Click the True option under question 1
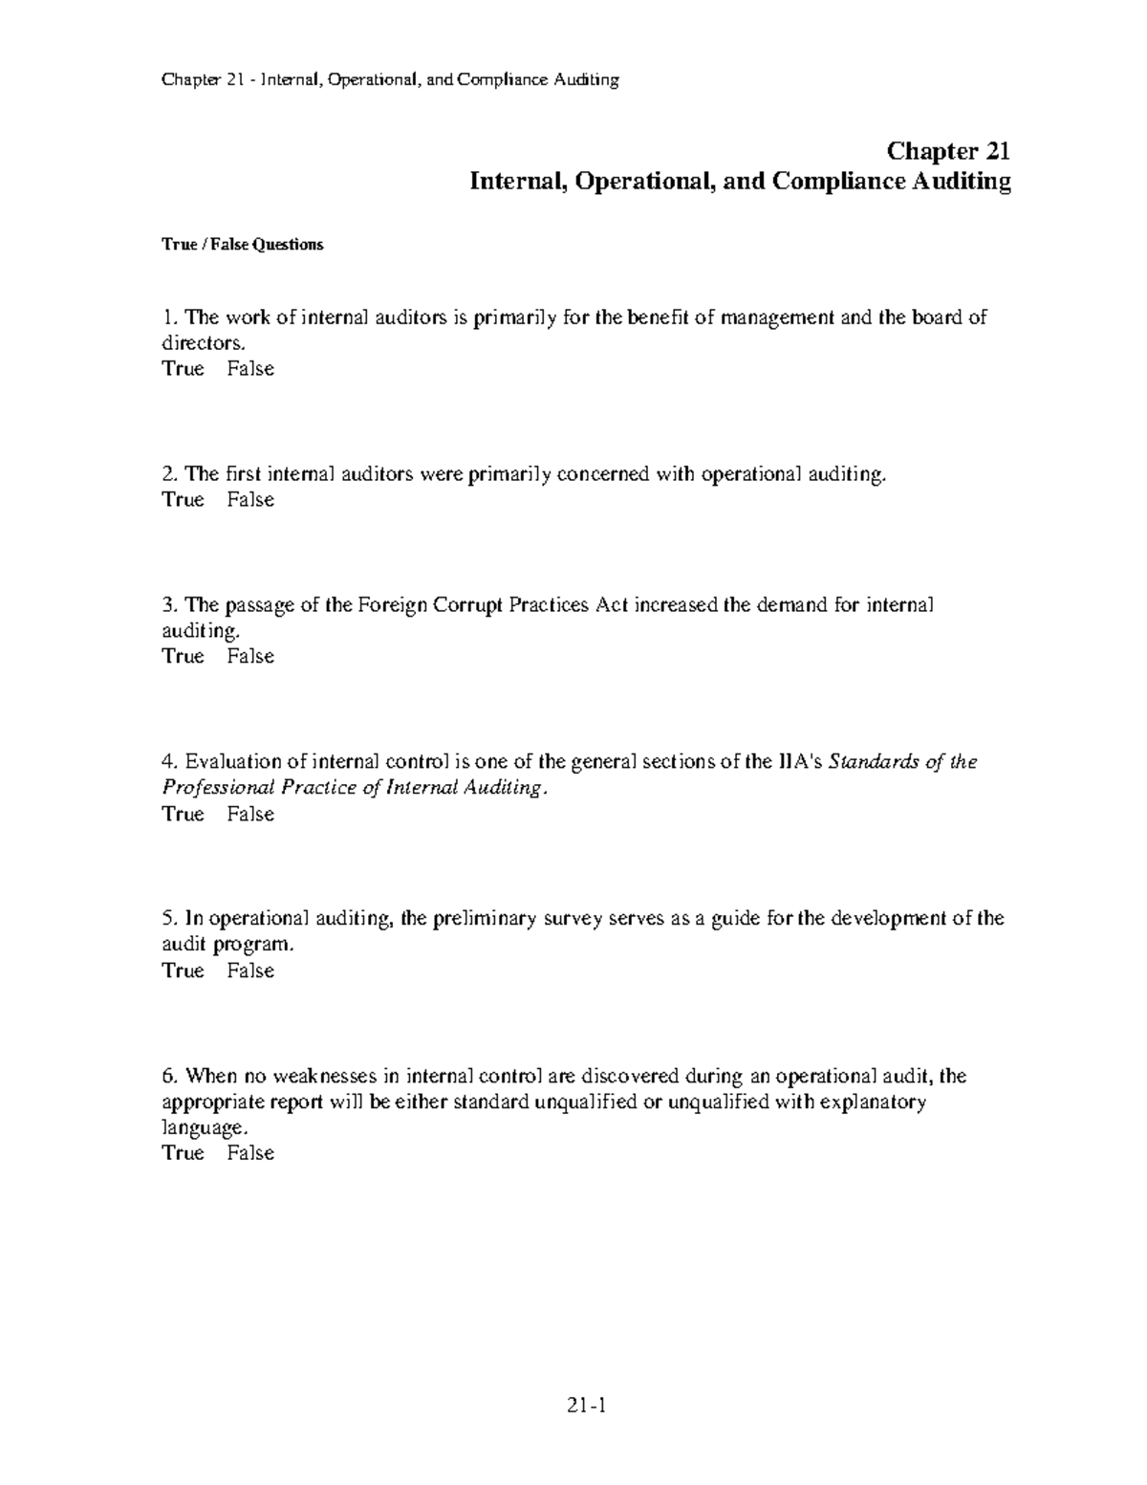pyautogui.click(x=184, y=369)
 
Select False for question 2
pyautogui.click(x=250, y=500)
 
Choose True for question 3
pyautogui.click(x=184, y=657)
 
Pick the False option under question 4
pyautogui.click(x=250, y=815)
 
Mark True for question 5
pyautogui.click(x=184, y=972)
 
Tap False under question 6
pyautogui.click(x=250, y=1154)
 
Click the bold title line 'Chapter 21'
pyautogui.click(x=948, y=151)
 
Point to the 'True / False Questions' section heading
pyautogui.click(x=243, y=245)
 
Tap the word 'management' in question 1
pyautogui.click(x=777, y=317)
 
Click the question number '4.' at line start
pyautogui.click(x=170, y=762)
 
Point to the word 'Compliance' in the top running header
pyautogui.click(x=502, y=80)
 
